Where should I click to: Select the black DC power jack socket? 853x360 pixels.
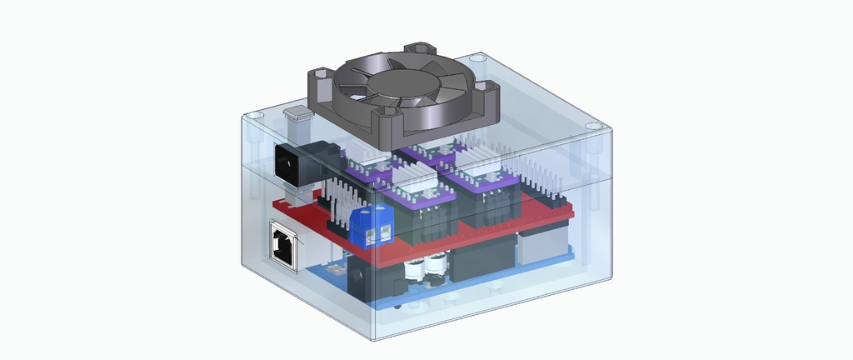pos(287,163)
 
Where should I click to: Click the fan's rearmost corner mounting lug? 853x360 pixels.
pos(417,52)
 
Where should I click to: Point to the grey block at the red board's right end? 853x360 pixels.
pos(541,243)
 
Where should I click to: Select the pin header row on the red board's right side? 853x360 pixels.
pos(541,185)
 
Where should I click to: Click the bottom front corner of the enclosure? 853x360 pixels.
pos(372,337)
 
